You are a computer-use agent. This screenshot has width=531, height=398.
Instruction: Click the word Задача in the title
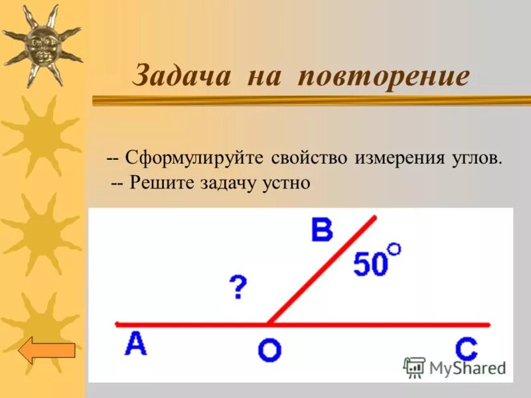(x=182, y=76)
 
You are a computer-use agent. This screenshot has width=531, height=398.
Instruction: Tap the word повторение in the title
(x=384, y=76)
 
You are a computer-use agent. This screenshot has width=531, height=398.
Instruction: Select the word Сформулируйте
(x=192, y=160)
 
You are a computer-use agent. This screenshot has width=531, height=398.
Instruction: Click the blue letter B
(x=322, y=231)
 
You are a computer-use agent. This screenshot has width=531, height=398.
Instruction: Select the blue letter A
(x=135, y=344)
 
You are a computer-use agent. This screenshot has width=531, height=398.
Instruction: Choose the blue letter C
(x=467, y=349)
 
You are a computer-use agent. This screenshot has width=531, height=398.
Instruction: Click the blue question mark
(x=238, y=288)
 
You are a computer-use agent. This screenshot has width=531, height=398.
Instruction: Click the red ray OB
(x=322, y=270)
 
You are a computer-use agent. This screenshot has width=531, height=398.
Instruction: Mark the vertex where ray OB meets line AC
(x=268, y=324)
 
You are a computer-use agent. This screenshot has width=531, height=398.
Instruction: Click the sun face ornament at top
(x=41, y=44)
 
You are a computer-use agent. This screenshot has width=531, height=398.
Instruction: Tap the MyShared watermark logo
(x=455, y=367)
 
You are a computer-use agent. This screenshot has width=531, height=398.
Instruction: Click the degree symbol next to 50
(x=394, y=249)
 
